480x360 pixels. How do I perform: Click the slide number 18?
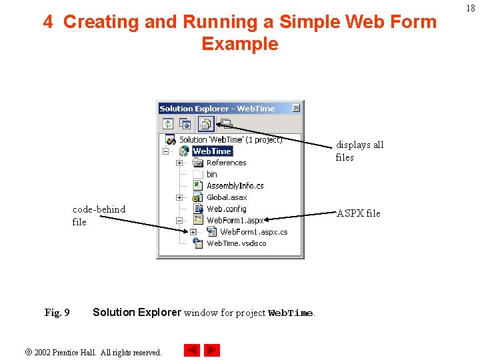[x=471, y=8]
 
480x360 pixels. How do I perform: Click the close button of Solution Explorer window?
[x=296, y=108]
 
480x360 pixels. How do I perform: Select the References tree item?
[x=226, y=163]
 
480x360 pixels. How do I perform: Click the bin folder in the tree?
[x=211, y=174]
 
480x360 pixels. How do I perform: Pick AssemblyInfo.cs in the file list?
[x=235, y=186]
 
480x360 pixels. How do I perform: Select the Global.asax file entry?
[x=226, y=197]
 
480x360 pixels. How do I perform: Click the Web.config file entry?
[x=226, y=209]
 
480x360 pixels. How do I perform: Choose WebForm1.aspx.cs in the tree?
[x=253, y=232]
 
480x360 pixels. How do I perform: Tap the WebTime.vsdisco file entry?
[x=236, y=243]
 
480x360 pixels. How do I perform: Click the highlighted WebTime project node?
[x=212, y=151]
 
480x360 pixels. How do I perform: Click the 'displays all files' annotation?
[x=359, y=151]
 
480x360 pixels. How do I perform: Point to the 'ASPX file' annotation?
[x=359, y=213]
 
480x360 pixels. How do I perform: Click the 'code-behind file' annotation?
[x=98, y=215]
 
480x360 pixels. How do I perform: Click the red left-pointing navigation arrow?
[x=192, y=350]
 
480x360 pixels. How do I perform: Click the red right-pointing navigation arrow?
[x=212, y=350]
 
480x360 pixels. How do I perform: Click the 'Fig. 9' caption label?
[x=57, y=313]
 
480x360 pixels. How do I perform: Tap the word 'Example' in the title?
[x=239, y=44]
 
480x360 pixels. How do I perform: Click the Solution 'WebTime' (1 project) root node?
[x=231, y=140]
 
